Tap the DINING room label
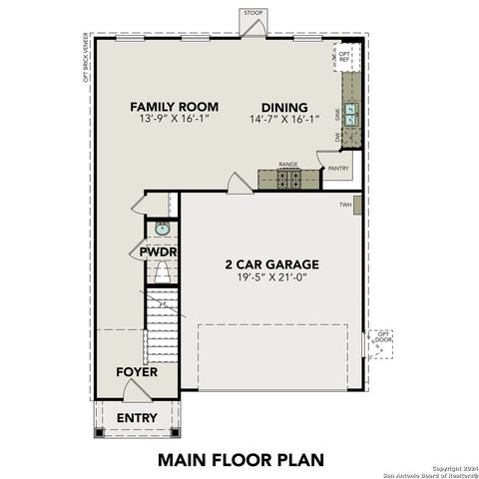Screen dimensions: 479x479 [x=284, y=108]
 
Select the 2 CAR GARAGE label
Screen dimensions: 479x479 [x=270, y=264]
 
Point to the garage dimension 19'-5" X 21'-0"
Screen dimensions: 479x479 [x=270, y=280]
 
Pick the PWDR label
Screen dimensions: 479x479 [x=159, y=252]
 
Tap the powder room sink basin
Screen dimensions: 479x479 [x=163, y=229]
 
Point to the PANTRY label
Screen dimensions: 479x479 [x=338, y=169]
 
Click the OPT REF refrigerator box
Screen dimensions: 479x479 [x=345, y=57]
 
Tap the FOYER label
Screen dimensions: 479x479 [x=136, y=371]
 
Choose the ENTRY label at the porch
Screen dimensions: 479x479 [x=136, y=417]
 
